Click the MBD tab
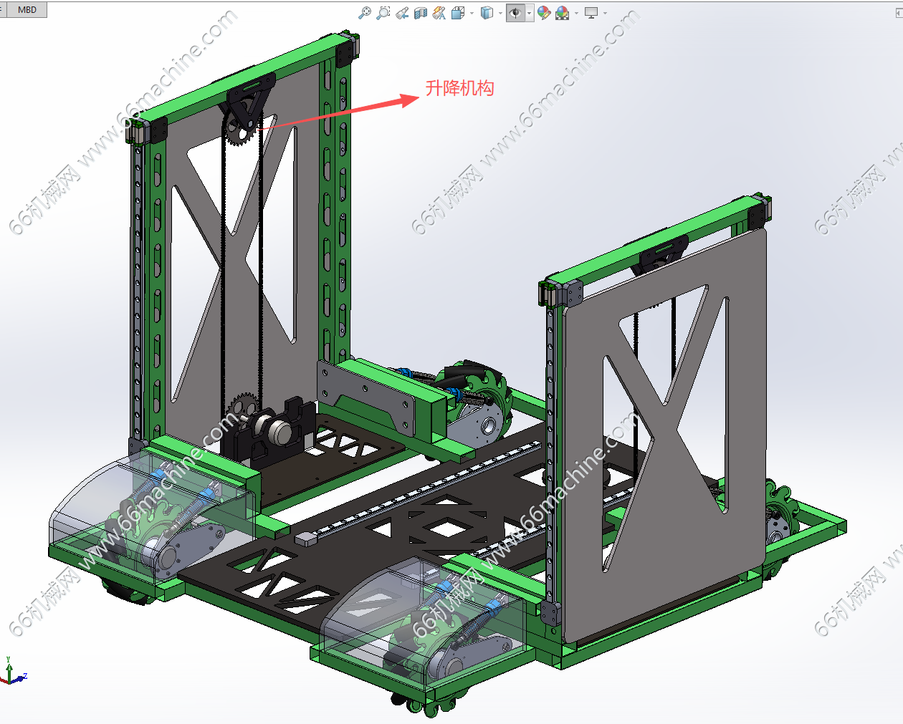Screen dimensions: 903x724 click(x=27, y=9)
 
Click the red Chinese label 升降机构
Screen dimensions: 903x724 click(x=460, y=88)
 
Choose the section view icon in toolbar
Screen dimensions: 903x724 click(x=421, y=14)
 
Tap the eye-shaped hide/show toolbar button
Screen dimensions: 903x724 click(x=516, y=14)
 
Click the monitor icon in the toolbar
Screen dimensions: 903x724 click(x=591, y=14)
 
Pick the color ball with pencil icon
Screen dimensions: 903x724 click(x=544, y=14)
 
